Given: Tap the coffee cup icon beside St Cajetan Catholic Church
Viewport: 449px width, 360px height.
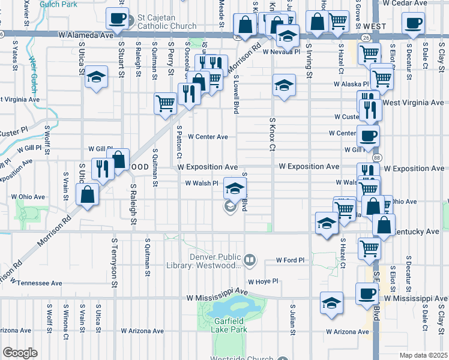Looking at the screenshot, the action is (x=118, y=18).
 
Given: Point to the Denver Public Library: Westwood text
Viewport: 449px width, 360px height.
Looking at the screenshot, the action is (x=216, y=260).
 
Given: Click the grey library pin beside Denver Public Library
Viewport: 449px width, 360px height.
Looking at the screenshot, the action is (x=250, y=260).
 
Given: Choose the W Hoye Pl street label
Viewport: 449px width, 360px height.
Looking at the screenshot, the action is (x=263, y=281).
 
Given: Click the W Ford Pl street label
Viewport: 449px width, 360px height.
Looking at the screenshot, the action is (x=291, y=260).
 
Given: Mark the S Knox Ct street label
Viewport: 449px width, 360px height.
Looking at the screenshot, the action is (x=272, y=135).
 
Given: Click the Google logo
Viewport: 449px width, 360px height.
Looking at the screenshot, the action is (x=20, y=353).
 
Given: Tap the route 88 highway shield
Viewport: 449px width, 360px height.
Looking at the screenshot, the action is (x=376, y=157).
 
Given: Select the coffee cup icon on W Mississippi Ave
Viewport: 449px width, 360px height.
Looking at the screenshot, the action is (x=367, y=294).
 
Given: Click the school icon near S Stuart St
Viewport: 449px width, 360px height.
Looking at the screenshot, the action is (x=96, y=77).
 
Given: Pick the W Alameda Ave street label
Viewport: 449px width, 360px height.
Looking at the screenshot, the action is (x=86, y=35).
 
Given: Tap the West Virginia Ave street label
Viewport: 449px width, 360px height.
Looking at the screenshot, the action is (x=415, y=103).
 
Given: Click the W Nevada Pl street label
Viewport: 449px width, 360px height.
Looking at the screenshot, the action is (x=282, y=52).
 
